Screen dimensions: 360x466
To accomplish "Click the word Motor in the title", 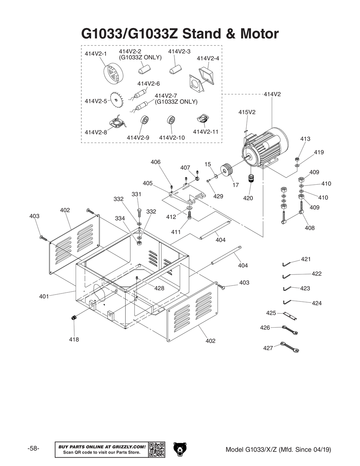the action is (x=259, y=33).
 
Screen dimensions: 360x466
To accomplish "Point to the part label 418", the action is (x=74, y=340).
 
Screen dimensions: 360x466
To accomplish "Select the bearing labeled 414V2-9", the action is (x=145, y=120).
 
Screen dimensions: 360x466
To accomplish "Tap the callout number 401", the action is (x=44, y=296).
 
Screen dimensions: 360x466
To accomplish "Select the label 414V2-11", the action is (x=206, y=131).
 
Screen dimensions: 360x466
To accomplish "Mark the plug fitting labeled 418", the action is (x=74, y=318).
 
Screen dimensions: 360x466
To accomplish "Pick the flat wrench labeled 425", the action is (x=290, y=316).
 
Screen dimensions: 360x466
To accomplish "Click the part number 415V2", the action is (x=247, y=112).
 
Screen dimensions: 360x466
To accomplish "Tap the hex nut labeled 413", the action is (x=297, y=159).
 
